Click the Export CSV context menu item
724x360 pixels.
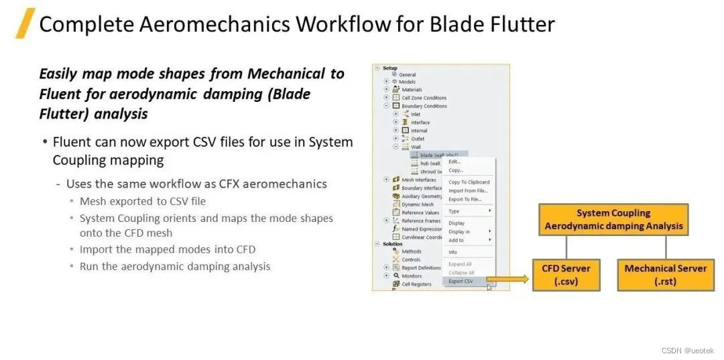461,282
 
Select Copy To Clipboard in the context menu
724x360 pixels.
469,182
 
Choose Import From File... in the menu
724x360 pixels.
467,190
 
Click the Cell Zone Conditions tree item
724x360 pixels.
424,98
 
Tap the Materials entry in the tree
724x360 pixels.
412,90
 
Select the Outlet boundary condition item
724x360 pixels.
418,139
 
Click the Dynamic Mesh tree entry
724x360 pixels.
417,204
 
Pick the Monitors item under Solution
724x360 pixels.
412,276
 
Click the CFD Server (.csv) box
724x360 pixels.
566,274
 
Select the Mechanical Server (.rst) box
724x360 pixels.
665,274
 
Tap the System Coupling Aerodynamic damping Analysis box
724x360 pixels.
613,219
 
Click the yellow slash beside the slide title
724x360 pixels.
25,23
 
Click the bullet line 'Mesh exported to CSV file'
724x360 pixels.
142,201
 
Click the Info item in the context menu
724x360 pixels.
452,252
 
